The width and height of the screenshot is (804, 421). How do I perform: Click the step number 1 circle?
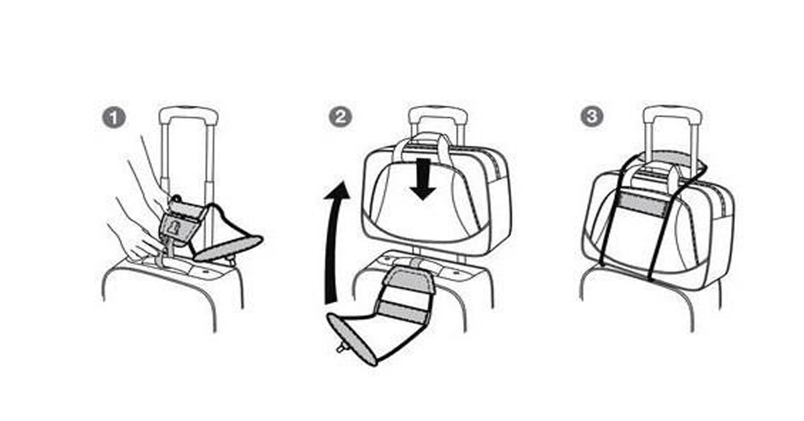coord(114,118)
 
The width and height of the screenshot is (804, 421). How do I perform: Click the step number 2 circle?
coord(340,117)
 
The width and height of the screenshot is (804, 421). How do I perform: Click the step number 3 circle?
coord(592,117)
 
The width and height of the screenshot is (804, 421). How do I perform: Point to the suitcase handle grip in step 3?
coord(673,113)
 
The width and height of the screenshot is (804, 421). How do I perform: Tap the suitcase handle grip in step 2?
coord(438,113)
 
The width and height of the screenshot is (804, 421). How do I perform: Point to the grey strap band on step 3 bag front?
coord(641,201)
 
